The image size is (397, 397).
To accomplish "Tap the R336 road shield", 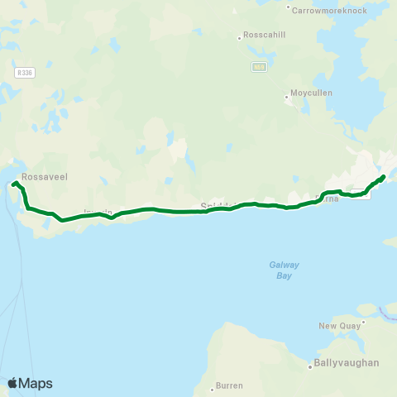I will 24,73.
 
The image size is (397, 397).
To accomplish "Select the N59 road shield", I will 259,68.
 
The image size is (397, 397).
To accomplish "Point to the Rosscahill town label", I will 264,36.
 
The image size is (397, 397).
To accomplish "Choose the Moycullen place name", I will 312,93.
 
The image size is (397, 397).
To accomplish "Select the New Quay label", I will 337,326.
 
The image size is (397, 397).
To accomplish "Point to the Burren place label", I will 230,385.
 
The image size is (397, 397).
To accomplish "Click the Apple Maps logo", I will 30,383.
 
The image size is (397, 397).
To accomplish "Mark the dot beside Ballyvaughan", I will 309,364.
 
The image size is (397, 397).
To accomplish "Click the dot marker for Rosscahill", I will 239,36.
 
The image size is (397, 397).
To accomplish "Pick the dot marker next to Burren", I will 212,385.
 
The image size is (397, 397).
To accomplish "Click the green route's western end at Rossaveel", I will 15,183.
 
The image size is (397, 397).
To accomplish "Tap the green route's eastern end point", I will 384,175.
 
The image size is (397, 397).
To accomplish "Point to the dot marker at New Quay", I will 361,320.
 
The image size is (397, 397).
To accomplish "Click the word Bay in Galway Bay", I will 284,275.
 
